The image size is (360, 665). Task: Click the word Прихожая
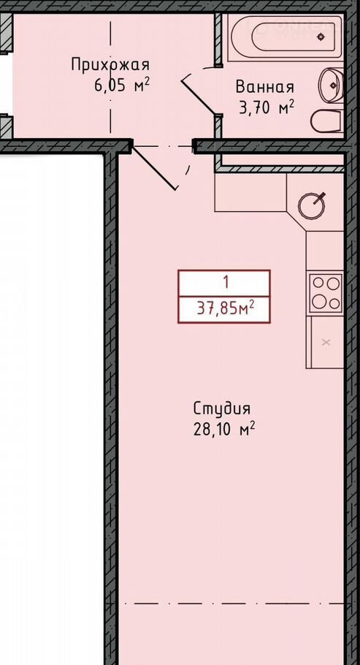point(110,65)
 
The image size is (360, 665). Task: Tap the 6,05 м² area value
point(122,85)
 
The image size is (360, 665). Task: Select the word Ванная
point(264,87)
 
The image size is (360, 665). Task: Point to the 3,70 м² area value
point(267,107)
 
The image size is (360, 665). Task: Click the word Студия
point(222,408)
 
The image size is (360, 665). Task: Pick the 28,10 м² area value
point(224,430)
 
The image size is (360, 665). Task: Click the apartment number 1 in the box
point(226,281)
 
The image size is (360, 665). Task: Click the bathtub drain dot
point(321,37)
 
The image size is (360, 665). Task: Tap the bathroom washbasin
point(332,85)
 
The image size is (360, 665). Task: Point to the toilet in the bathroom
point(326,122)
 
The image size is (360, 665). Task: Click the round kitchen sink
point(311,207)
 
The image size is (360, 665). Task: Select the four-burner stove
point(326,293)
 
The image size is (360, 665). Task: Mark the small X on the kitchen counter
point(326,342)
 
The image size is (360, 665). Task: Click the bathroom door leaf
point(199,96)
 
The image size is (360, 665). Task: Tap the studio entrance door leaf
point(153,167)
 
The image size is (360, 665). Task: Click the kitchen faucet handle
point(321,196)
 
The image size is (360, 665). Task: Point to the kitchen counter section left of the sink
point(250,192)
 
